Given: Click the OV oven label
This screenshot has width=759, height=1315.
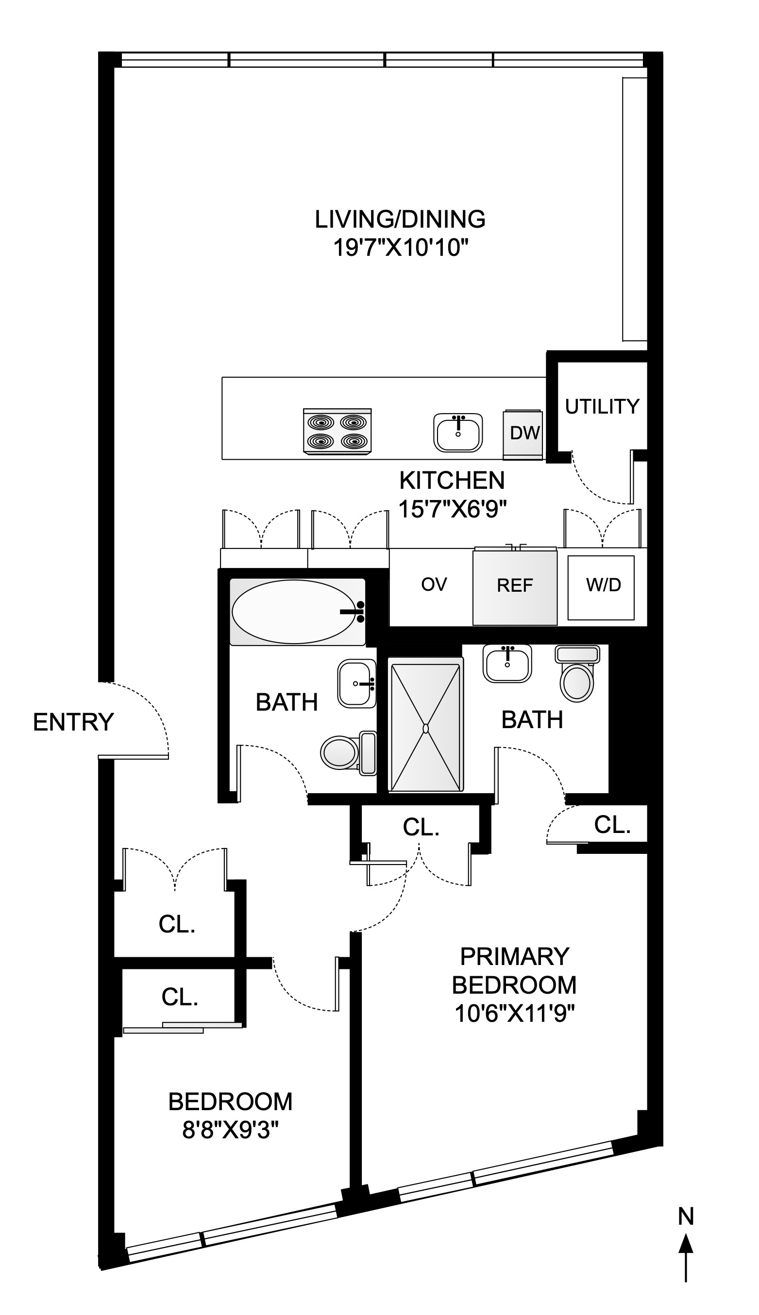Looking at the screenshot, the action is click(434, 584).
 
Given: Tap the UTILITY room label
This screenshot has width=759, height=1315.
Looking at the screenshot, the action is click(602, 406).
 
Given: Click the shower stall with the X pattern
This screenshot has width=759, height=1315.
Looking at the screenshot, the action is click(426, 728).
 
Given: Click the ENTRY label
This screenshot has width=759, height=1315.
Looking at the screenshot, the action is click(73, 723).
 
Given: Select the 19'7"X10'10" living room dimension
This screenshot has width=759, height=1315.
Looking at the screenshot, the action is click(398, 248).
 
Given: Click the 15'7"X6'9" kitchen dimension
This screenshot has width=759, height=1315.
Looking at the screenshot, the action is click(453, 509).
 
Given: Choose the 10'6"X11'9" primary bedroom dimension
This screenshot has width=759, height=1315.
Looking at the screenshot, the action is click(515, 1014).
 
